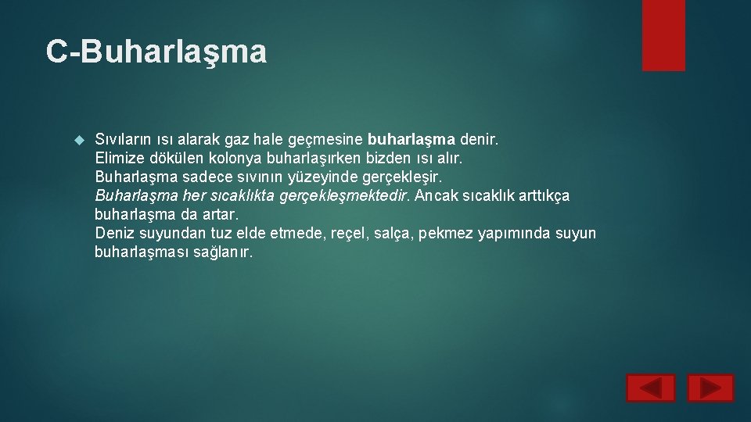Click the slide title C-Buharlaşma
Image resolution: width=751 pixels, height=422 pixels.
(156, 52)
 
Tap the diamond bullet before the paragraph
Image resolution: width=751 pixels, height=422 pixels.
(77, 140)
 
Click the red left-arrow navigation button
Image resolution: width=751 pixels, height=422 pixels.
(650, 388)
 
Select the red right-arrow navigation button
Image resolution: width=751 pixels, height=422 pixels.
(710, 388)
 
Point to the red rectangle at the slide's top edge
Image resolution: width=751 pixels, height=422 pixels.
(663, 34)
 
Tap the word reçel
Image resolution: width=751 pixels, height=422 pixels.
(347, 233)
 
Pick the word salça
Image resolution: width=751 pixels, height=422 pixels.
(393, 233)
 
